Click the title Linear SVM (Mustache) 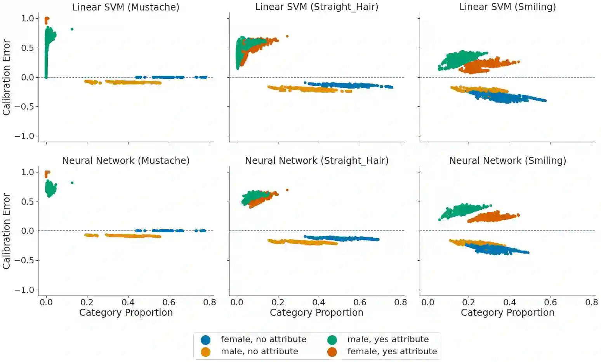(x=126, y=7)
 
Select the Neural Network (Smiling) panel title (x=507, y=160)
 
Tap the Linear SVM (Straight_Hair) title (x=316, y=7)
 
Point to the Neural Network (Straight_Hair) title (x=316, y=160)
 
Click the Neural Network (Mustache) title (x=126, y=160)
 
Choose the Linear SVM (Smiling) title (x=507, y=7)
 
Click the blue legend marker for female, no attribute (x=205, y=340)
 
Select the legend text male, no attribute (x=259, y=352)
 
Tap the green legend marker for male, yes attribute (x=332, y=340)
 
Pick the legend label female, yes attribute (x=392, y=352)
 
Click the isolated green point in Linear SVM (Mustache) (x=72, y=29)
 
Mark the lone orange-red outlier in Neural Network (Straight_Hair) (x=287, y=190)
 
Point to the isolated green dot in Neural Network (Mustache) (x=72, y=183)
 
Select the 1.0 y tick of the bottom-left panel (x=27, y=172)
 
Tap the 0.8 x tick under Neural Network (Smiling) (x=591, y=302)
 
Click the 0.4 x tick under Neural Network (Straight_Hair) (x=319, y=302)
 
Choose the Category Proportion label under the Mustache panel (x=126, y=313)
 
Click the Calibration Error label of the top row (x=6, y=77)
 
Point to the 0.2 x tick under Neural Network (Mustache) (x=87, y=302)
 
